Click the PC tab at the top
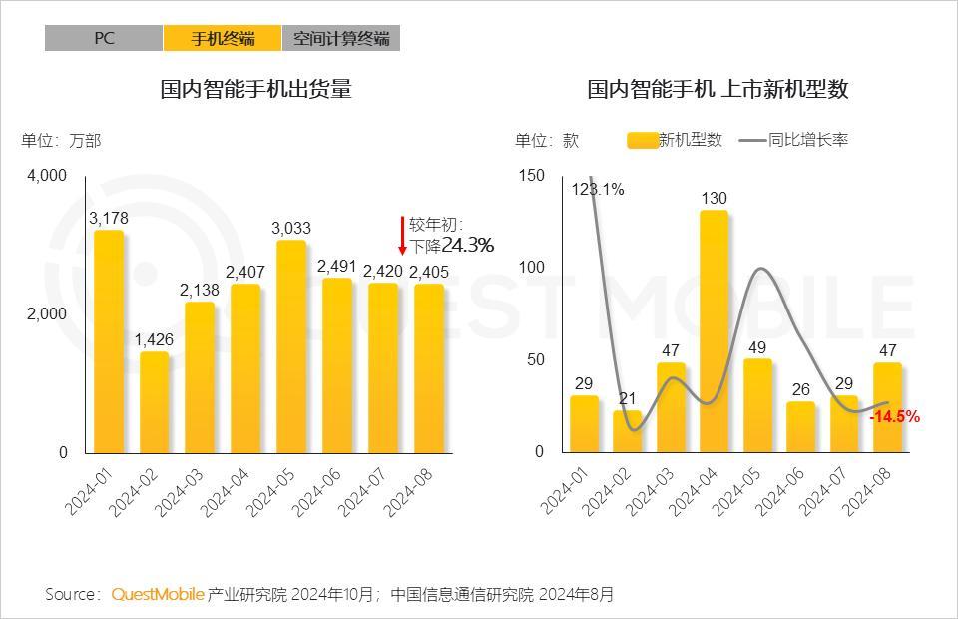(104, 38)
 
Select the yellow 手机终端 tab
(223, 38)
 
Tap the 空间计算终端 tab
(341, 38)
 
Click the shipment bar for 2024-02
(154, 401)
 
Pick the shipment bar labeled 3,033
(290, 345)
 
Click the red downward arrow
(402, 236)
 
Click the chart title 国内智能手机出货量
(256, 90)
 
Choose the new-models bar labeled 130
(714, 330)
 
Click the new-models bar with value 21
(627, 430)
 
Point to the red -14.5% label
(894, 417)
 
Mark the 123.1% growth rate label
(598, 189)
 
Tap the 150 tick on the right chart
(532, 176)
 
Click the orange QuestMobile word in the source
(158, 594)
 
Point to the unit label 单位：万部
(61, 140)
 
